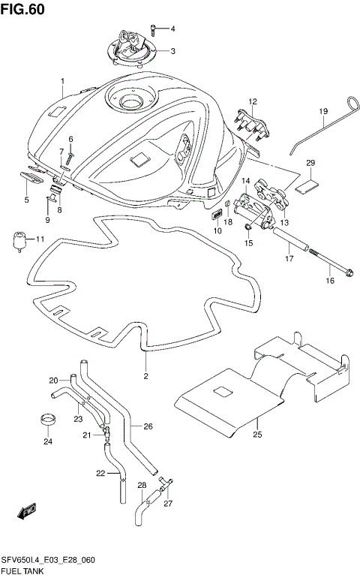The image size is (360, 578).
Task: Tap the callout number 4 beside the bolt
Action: (172, 29)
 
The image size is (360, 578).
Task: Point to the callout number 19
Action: (324, 112)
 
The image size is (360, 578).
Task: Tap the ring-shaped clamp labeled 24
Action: (49, 418)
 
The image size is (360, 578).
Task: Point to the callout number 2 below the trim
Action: (146, 376)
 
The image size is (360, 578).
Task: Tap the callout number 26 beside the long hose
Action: (148, 427)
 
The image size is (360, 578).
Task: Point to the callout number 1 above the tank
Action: (63, 81)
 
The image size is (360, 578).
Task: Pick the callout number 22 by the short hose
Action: (100, 473)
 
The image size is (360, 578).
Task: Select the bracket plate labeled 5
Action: (31, 177)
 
